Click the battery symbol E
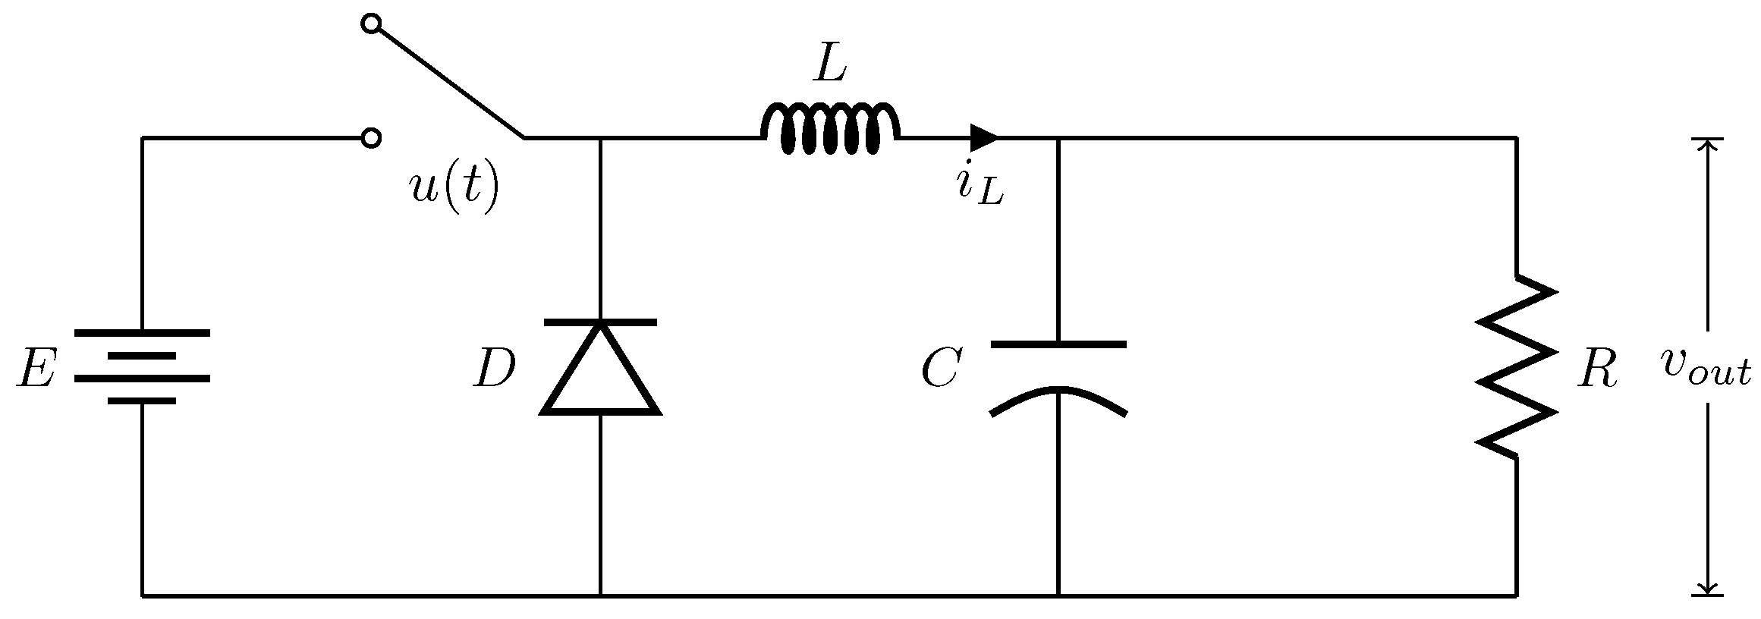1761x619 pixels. [142, 366]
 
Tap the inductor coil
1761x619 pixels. [830, 130]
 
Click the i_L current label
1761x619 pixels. [980, 187]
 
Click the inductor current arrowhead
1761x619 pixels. [985, 138]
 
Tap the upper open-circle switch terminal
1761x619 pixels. [370, 24]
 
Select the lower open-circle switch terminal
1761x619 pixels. [370, 137]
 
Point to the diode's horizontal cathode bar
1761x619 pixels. [600, 322]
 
